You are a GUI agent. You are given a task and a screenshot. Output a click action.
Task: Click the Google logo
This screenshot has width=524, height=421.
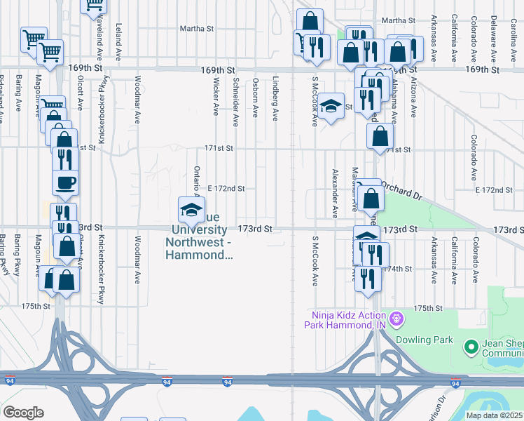22,413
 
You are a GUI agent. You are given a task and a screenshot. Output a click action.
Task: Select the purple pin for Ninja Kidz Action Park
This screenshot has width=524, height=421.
397,320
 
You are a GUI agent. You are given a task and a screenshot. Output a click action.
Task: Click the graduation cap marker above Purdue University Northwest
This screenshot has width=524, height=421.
191,210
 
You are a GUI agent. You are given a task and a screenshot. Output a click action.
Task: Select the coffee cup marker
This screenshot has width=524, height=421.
66,183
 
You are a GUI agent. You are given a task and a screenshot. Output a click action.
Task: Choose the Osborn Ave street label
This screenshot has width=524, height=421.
256,98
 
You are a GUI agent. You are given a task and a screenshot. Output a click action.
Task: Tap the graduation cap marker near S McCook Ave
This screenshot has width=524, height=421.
331,107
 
